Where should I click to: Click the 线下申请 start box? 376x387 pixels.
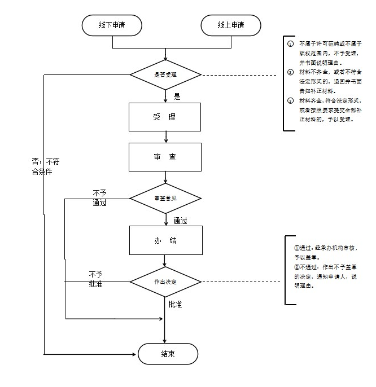[x=113, y=25]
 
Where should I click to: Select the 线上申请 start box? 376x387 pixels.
[x=231, y=25]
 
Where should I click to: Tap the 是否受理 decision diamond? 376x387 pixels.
[x=165, y=74]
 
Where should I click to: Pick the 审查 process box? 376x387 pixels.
[x=164, y=157]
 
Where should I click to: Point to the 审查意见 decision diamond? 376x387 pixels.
[x=165, y=198]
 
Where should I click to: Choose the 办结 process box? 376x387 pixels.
[x=165, y=240]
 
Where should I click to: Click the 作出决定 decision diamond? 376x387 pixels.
[x=165, y=282]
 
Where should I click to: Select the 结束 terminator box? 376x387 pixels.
[x=168, y=354]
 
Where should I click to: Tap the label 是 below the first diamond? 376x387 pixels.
[x=177, y=96]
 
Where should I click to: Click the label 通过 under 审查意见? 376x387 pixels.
[x=180, y=220]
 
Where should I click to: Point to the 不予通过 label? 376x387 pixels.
[x=99, y=198]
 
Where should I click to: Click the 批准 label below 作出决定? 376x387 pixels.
[x=175, y=304]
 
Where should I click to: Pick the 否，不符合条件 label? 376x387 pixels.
[x=45, y=166]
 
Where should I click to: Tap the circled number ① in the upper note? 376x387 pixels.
[x=290, y=43]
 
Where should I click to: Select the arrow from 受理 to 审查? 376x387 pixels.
[x=165, y=137]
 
